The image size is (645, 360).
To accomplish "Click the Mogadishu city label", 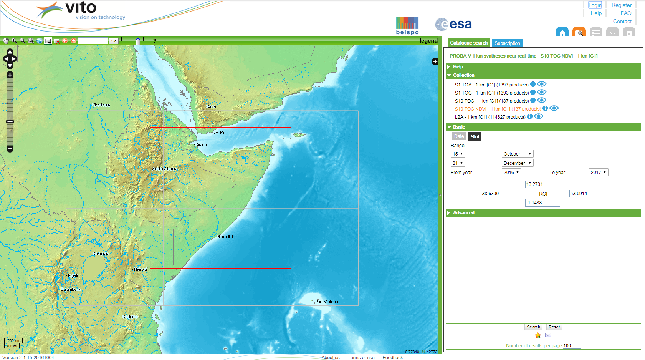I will click(x=227, y=237).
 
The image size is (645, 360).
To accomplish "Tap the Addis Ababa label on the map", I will click(x=164, y=169).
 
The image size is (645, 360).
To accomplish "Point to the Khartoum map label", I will click(x=101, y=105).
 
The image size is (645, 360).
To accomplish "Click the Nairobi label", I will click(x=141, y=269).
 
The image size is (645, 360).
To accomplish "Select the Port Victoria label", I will click(x=326, y=302).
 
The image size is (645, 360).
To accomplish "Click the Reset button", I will click(x=554, y=327).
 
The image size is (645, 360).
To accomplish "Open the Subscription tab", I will click(x=507, y=43).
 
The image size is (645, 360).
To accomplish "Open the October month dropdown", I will click(x=517, y=154).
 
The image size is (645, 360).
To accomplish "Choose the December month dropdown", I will click(x=517, y=163).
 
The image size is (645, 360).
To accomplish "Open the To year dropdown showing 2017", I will click(x=598, y=172).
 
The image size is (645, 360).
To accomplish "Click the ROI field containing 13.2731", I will click(x=542, y=184).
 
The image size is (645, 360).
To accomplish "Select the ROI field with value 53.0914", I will click(x=586, y=194).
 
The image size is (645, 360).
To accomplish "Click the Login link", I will click(x=595, y=5).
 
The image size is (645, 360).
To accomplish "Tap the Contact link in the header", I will click(x=622, y=21).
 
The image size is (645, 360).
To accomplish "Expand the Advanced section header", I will click(x=463, y=213).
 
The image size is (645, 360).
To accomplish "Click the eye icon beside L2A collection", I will click(x=539, y=116).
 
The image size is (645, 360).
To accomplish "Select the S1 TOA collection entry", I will click(x=491, y=85).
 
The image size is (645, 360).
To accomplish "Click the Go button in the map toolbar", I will click(x=114, y=41).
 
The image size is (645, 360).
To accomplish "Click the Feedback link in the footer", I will click(x=392, y=357).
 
